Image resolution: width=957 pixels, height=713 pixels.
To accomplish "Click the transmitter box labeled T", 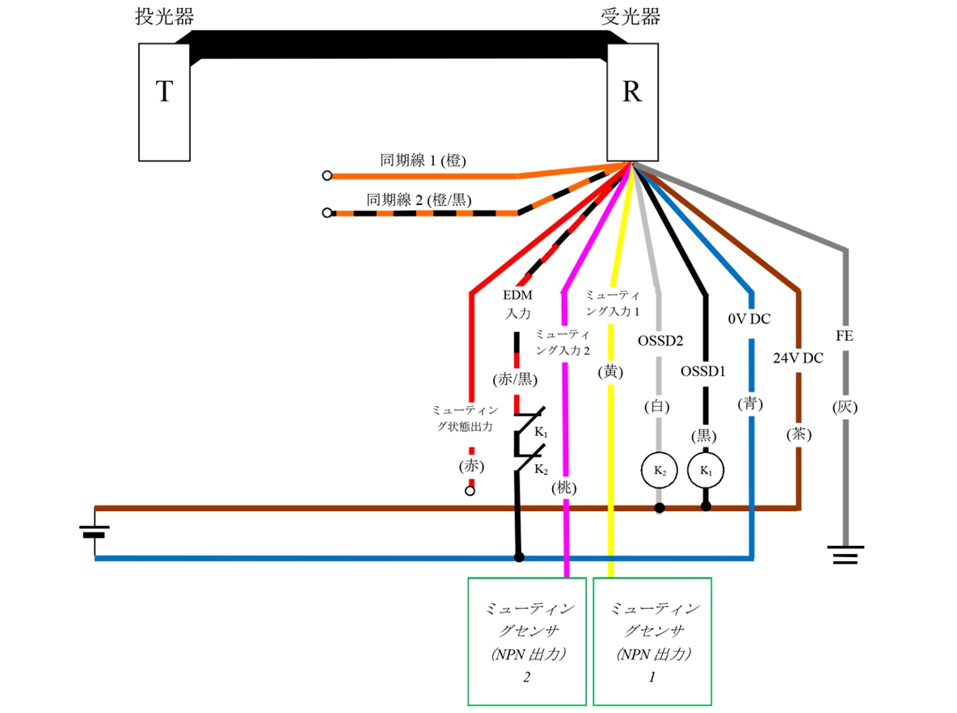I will tap(165, 102).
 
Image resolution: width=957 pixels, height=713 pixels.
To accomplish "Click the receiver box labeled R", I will tap(631, 102).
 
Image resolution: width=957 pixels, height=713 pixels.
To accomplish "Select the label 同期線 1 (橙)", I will tap(423, 161).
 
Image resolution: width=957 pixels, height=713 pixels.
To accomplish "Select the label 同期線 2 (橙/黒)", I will tap(419, 199).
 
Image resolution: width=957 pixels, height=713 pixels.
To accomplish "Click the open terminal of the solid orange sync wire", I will tap(327, 176).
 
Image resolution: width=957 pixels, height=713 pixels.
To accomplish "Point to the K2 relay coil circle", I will tap(659, 469).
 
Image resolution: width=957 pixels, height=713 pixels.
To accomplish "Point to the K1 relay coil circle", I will tap(706, 469).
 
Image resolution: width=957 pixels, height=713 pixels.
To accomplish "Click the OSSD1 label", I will tap(703, 372).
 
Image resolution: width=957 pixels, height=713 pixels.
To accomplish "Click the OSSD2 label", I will tap(660, 341).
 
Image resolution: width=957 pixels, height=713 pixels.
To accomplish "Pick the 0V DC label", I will tap(749, 319).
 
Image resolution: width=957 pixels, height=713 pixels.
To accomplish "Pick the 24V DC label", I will tap(798, 358).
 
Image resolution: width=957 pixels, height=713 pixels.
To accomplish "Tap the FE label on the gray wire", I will tap(845, 336).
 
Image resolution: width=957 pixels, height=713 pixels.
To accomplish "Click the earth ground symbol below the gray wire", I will tap(845, 555).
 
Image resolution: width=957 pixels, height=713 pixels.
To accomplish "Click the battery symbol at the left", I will tap(95, 532).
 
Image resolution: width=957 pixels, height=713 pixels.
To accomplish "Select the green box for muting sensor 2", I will tap(527, 641).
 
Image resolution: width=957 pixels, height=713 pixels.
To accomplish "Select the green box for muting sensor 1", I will tap(652, 641).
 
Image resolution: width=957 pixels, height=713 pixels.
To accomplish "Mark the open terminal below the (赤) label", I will tap(470, 490).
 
